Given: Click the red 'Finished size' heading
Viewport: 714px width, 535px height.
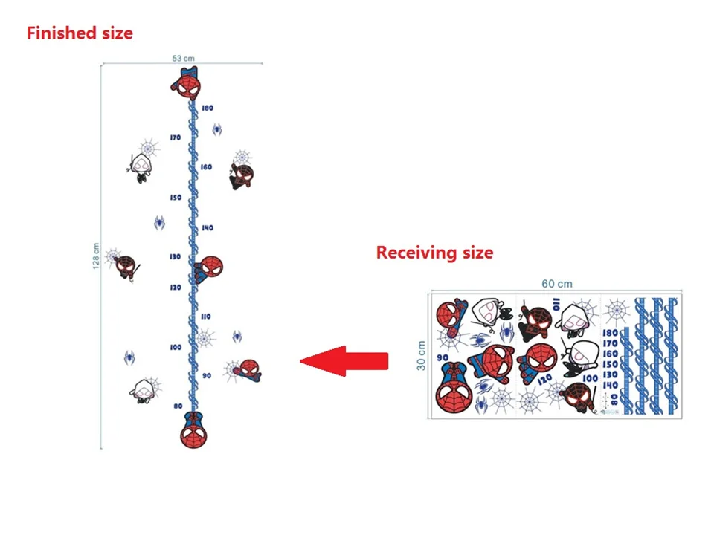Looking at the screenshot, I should [x=80, y=33].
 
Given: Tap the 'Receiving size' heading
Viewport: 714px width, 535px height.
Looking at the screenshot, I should [x=434, y=253].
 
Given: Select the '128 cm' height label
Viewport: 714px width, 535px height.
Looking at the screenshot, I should [x=97, y=257].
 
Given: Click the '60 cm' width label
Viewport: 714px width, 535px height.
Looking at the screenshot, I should [x=557, y=283].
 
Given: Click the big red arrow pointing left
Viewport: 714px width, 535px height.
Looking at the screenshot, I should [x=344, y=361].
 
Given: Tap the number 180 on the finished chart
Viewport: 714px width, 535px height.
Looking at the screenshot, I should [x=207, y=108].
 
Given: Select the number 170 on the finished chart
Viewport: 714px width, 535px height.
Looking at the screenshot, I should [x=176, y=138].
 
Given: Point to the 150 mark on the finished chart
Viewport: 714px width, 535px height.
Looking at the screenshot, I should [x=176, y=198].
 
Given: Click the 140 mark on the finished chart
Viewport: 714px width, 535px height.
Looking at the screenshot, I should [x=207, y=228].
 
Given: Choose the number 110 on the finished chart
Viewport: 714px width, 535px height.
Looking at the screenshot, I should [x=205, y=317].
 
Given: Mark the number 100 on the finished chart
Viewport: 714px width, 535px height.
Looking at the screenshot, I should [x=176, y=347].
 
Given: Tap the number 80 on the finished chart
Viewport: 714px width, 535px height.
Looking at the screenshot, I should [x=178, y=406].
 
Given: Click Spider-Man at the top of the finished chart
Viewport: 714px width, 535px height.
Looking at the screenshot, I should [x=188, y=83].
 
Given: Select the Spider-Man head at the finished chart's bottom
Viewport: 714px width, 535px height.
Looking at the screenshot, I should [x=192, y=430].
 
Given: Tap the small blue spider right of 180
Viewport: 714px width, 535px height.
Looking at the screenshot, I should [x=217, y=130].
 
